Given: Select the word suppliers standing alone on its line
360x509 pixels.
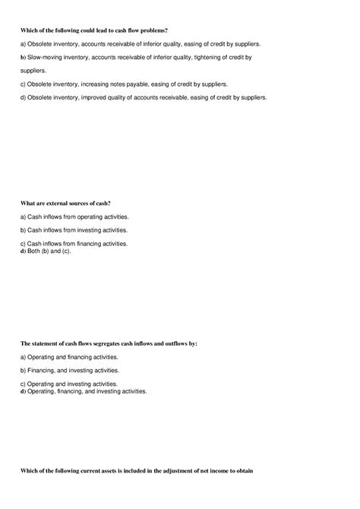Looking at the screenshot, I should [35, 70].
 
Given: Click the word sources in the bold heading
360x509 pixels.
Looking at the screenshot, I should [84, 203].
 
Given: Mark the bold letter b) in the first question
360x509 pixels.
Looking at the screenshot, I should [23, 57].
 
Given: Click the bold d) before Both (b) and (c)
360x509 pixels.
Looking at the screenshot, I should [23, 251].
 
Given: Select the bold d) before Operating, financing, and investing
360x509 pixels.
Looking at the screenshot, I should [23, 391].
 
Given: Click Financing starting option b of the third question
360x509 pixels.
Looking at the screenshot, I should [42, 370].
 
